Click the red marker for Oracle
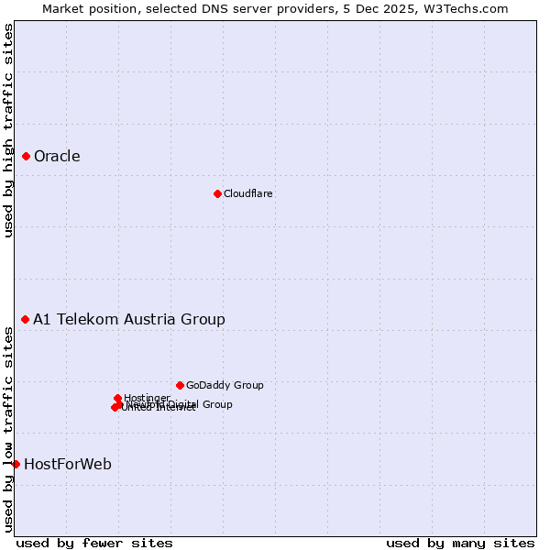27,157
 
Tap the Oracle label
57,157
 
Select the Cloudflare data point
217,193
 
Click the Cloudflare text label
247,194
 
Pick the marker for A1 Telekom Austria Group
26,319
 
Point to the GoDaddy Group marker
180,385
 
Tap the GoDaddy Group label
225,386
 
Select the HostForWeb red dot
16,464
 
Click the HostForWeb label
68,465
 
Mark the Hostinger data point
117,398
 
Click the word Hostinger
147,398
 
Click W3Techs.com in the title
468,9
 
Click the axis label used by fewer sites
94,544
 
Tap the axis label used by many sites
460,544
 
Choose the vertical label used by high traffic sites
9,130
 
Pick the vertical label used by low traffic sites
9,429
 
